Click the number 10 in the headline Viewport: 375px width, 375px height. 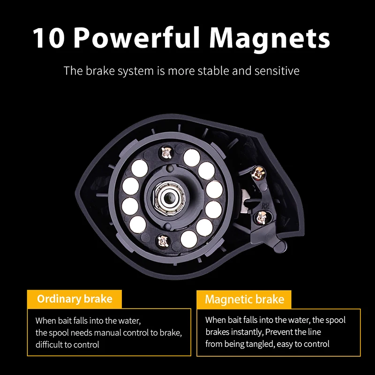click(x=49, y=38)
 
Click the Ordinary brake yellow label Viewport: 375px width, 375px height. click(x=75, y=299)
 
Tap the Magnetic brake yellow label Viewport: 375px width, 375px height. click(x=244, y=300)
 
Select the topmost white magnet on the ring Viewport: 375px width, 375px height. click(x=192, y=157)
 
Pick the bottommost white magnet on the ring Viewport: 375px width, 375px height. click(x=189, y=239)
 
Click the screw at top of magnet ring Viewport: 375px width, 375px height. click(x=167, y=153)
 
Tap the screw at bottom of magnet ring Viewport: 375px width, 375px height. click(x=163, y=241)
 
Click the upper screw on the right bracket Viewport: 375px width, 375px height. click(x=258, y=173)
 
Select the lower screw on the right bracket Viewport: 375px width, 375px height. click(x=262, y=217)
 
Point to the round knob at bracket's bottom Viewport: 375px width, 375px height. click(x=280, y=246)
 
